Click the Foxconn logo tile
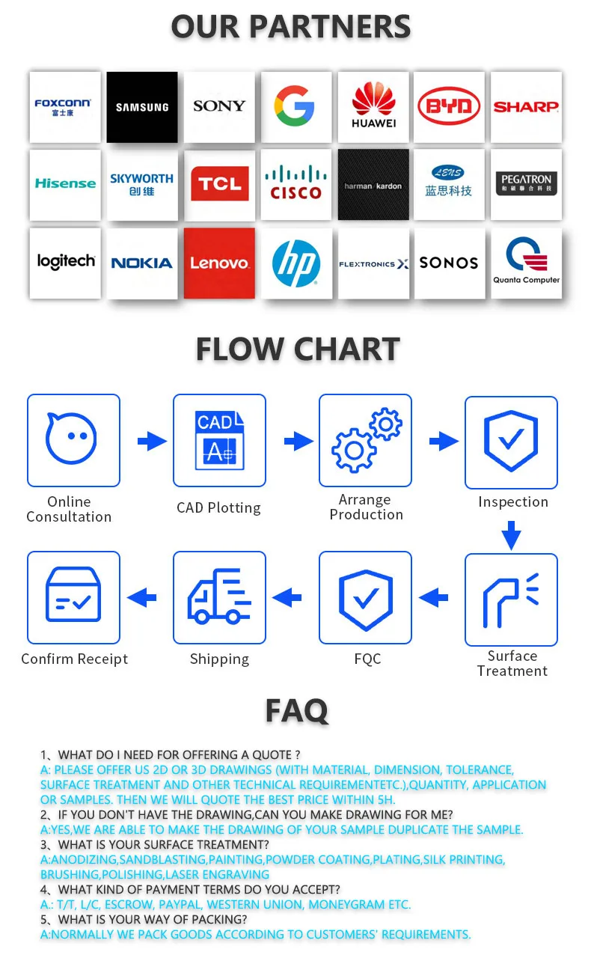(x=65, y=107)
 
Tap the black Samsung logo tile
(x=142, y=107)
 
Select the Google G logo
(x=295, y=106)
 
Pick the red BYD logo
(x=449, y=107)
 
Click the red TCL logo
(x=219, y=184)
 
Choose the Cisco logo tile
(x=295, y=184)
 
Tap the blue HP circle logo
(x=295, y=263)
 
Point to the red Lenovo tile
(x=219, y=263)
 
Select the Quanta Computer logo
(x=526, y=262)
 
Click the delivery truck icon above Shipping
(x=219, y=597)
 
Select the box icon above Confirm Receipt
(x=73, y=597)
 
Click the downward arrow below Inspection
(x=511, y=535)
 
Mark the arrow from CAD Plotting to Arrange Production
(x=298, y=441)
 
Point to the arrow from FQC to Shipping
(x=287, y=597)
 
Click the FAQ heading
(x=296, y=711)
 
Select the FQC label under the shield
(x=367, y=659)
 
